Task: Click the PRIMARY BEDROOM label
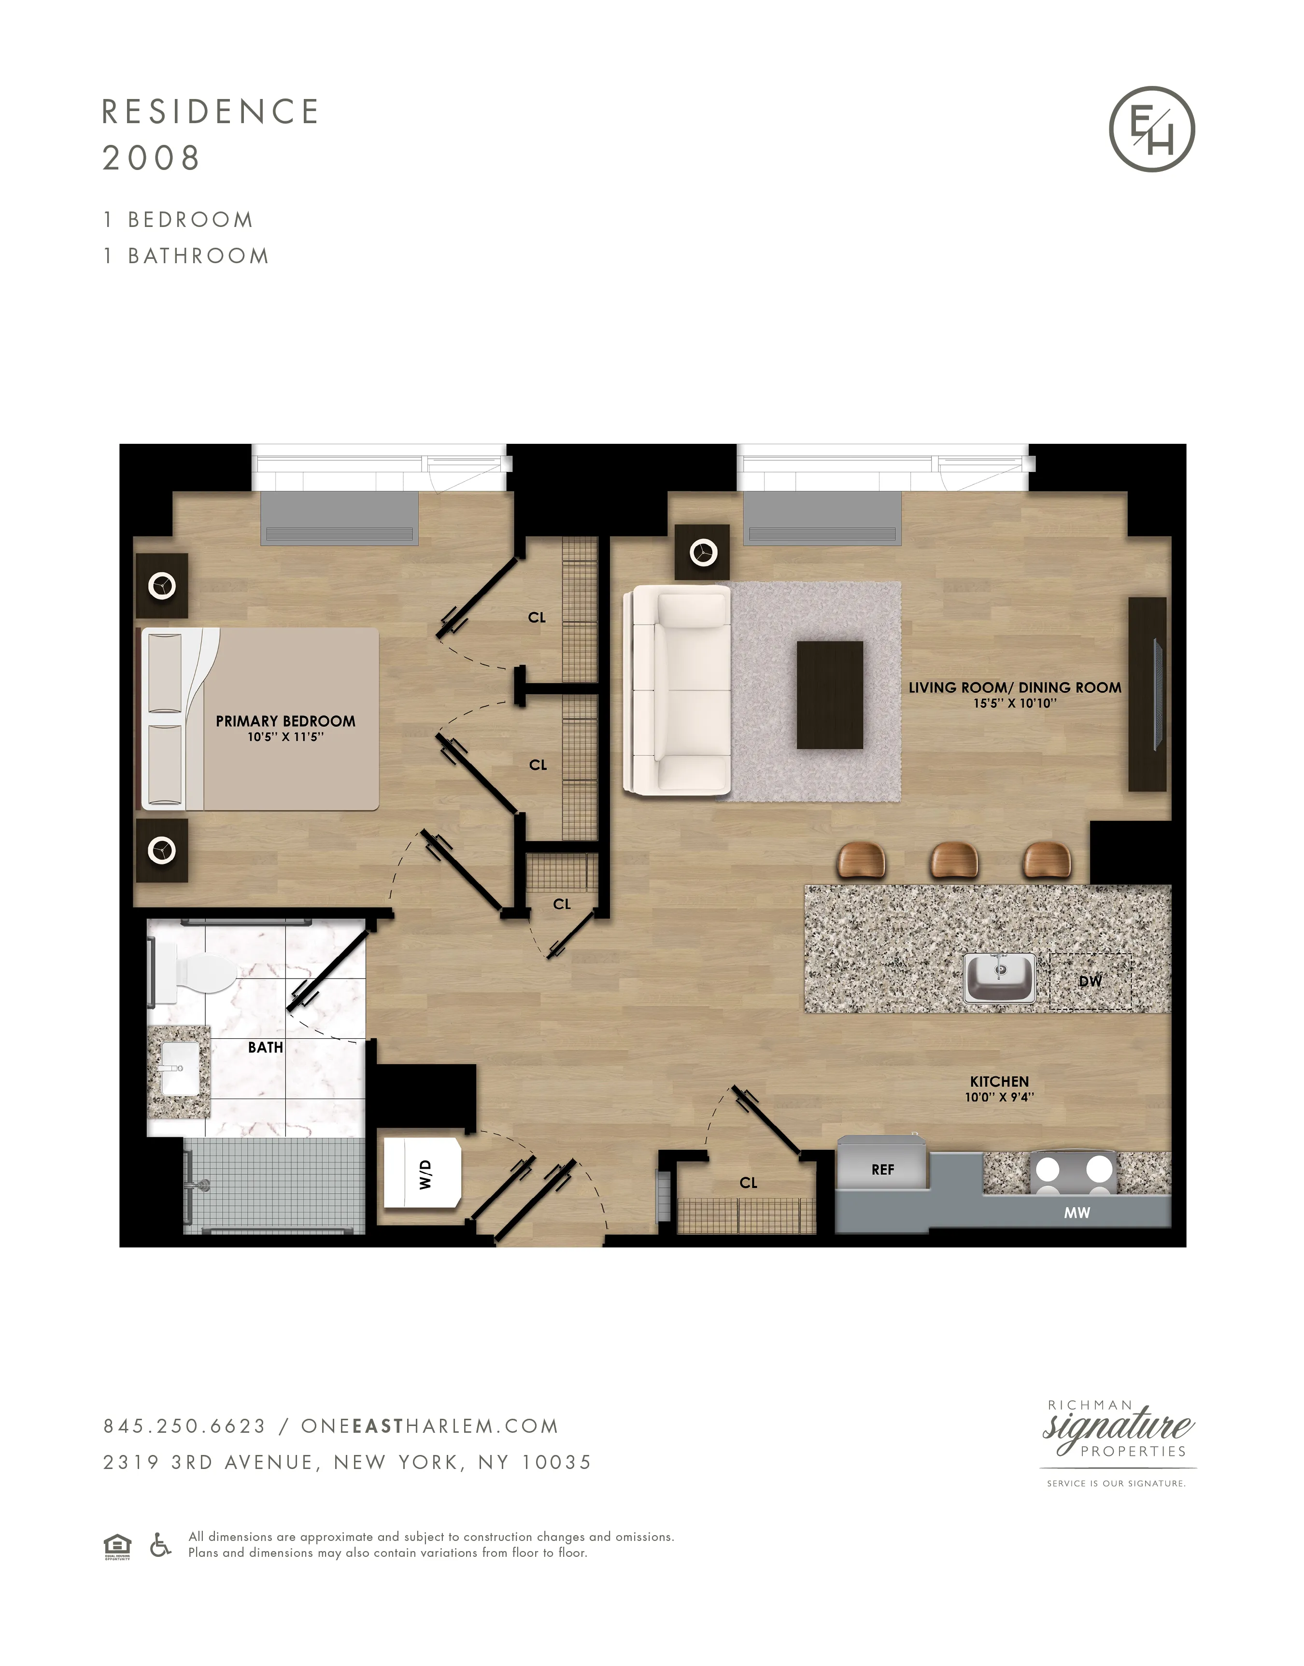[285, 721]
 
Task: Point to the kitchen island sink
[999, 976]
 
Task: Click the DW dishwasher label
[1090, 981]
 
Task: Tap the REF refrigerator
[882, 1169]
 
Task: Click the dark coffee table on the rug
[829, 694]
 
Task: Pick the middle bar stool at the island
[953, 860]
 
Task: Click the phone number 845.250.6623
[184, 1426]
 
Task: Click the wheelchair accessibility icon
[160, 1545]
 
